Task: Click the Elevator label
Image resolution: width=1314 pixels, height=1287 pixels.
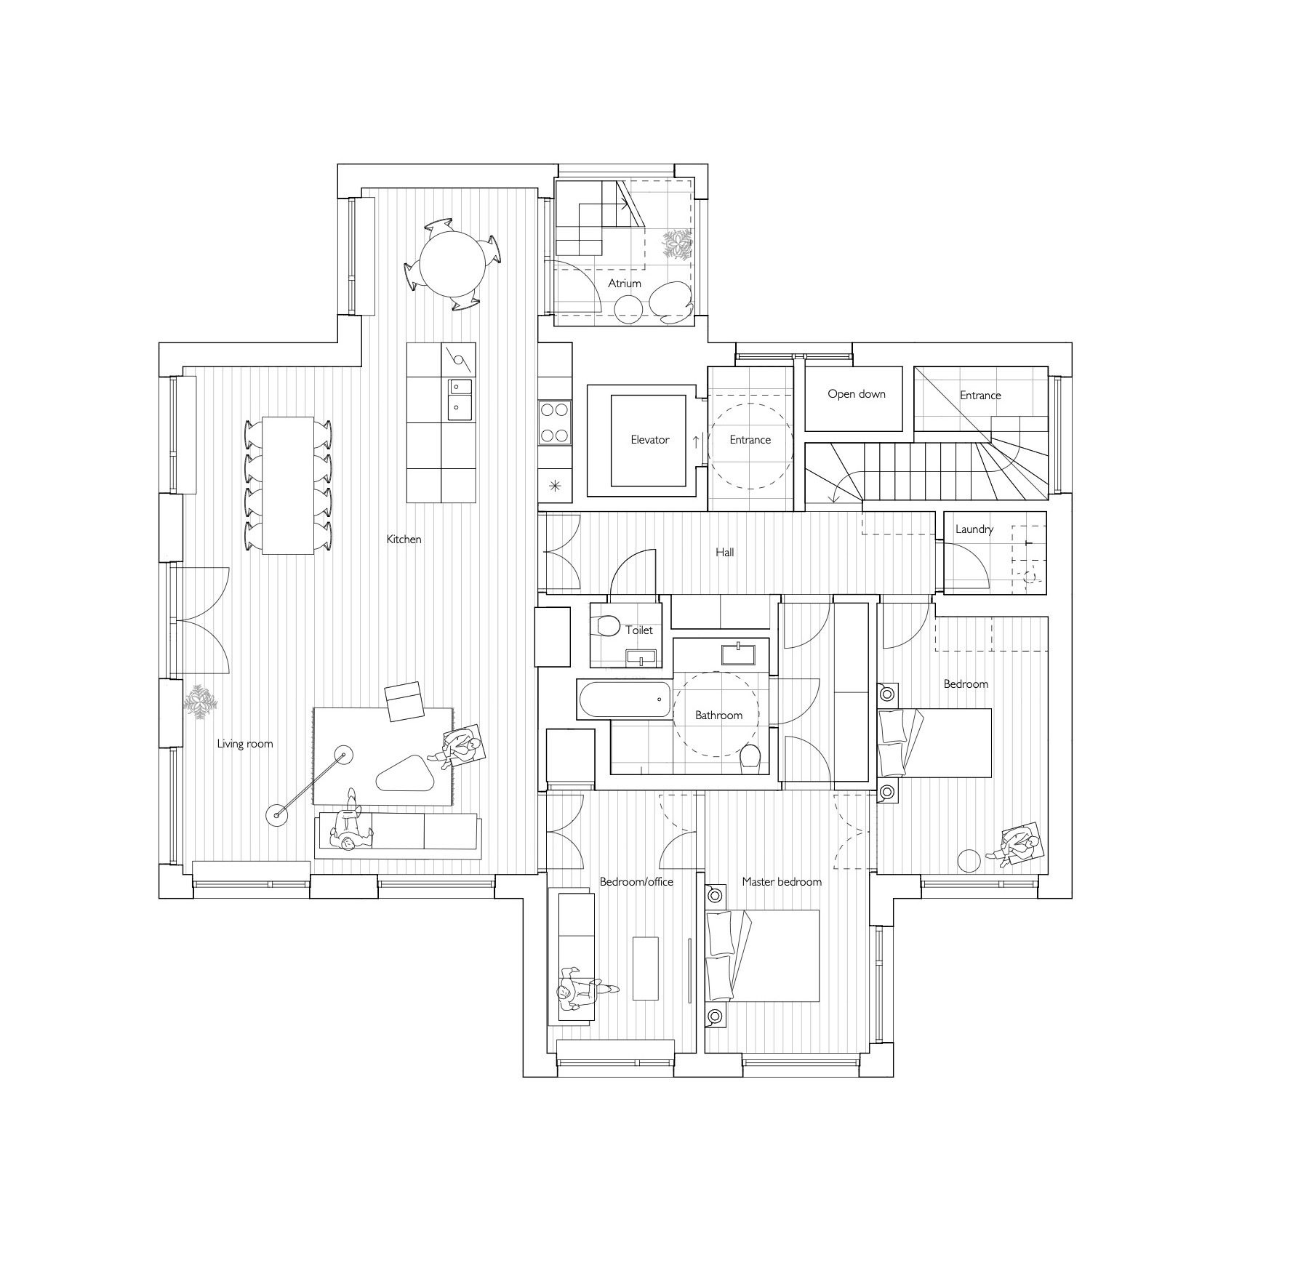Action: click(649, 440)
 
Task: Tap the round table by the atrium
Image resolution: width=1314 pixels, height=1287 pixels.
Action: click(452, 265)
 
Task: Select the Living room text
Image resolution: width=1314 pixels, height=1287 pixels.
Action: click(245, 744)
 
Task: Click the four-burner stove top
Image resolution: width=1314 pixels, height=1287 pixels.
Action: click(555, 422)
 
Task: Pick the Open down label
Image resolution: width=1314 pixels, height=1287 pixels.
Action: click(857, 394)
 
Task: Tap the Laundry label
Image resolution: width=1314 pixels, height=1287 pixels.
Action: click(974, 529)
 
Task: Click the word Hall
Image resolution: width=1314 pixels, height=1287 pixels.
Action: click(724, 553)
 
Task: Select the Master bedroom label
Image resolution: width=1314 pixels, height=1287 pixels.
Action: click(782, 882)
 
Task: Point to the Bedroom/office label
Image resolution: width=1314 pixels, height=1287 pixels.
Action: click(636, 882)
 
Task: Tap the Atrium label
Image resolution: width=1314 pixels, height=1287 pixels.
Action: click(625, 284)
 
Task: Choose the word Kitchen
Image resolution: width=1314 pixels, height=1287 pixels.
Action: click(404, 540)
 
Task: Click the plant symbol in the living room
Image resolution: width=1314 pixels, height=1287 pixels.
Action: click(200, 702)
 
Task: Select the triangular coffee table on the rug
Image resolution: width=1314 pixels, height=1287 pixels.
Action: click(406, 774)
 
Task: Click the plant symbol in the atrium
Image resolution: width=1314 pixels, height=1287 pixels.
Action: click(677, 244)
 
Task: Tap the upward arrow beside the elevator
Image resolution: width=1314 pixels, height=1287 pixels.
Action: click(696, 441)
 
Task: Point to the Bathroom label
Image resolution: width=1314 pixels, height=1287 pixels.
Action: click(718, 715)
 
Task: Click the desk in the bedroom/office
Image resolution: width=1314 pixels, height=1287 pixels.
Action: click(645, 969)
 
